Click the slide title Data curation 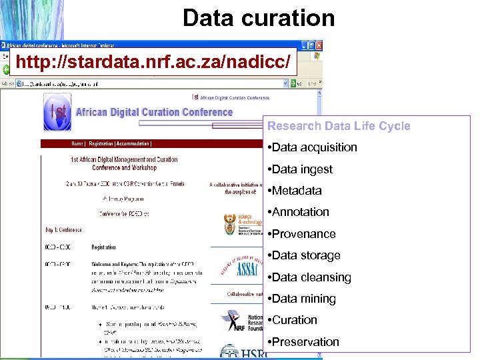coord(259,18)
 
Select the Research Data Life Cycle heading coord(339,126)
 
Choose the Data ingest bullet coord(301,169)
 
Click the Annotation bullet coord(300,212)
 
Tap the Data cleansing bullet coord(311,277)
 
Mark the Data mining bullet coord(303,299)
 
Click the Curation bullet coord(294,320)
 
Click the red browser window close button coord(319,45)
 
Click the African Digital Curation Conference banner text coord(154,112)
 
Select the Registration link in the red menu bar coord(101,143)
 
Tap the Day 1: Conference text coord(63,230)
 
